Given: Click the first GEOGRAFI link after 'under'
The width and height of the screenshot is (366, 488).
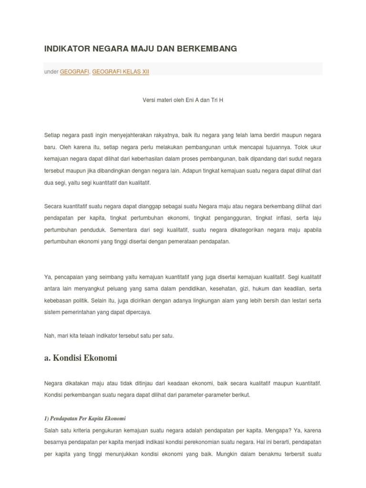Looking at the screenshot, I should [74, 71].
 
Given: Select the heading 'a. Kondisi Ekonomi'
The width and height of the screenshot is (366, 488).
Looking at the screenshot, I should [80, 358].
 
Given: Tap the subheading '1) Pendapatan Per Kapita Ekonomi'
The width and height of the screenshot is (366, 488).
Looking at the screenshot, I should [84, 418].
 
